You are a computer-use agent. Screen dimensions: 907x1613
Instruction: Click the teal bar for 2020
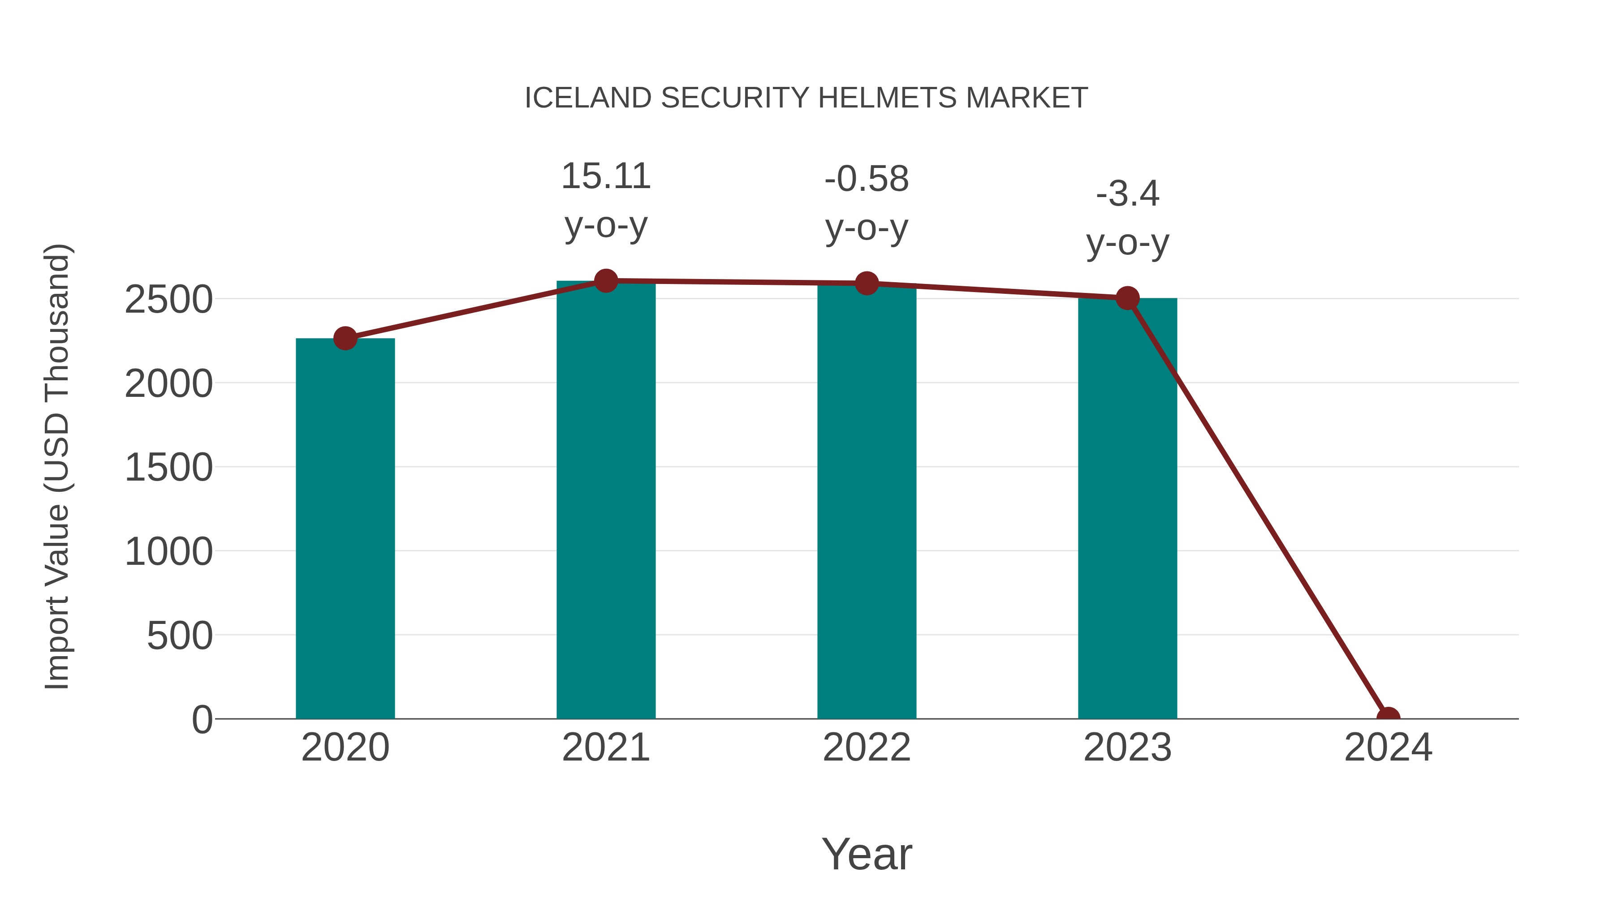pos(345,529)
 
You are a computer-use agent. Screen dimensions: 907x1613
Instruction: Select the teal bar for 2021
pos(605,501)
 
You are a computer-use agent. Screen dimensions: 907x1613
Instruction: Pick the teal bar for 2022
pos(867,501)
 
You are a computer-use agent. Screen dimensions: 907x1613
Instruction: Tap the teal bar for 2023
pos(1127,508)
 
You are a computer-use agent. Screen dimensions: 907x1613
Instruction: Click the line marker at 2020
pos(345,339)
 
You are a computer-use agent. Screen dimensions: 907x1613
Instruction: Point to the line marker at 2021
pos(605,281)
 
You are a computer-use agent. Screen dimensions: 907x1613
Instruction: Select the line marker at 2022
pos(867,284)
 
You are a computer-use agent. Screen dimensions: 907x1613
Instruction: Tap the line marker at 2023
pos(1127,299)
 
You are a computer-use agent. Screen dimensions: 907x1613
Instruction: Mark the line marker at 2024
pos(1388,718)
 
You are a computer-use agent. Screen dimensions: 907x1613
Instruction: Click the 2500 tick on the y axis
pos(168,300)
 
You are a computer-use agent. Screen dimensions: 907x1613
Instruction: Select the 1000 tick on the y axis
pos(168,552)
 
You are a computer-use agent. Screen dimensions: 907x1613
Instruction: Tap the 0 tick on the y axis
pos(202,720)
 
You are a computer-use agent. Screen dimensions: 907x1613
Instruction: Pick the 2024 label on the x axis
pos(1388,748)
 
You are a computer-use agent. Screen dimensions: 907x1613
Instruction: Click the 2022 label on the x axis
pos(867,748)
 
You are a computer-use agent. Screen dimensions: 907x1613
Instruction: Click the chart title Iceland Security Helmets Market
pos(806,98)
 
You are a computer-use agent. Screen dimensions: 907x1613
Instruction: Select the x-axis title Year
pos(867,854)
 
